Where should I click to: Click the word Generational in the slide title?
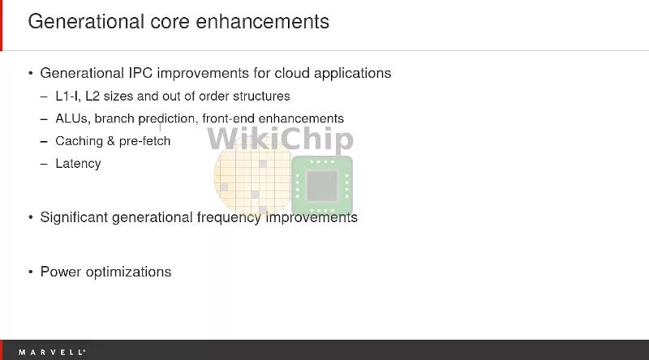click(x=86, y=22)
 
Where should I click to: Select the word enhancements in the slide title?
click(x=262, y=22)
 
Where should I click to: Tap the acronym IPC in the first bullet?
click(x=140, y=73)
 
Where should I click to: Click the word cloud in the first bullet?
click(x=292, y=73)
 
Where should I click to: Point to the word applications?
click(x=352, y=74)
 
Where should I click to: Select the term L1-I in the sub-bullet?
click(x=68, y=96)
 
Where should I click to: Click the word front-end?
click(x=228, y=118)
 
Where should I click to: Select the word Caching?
click(x=79, y=142)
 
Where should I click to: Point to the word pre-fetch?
click(x=144, y=142)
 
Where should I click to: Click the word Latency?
click(x=78, y=164)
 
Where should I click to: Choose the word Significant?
click(x=74, y=217)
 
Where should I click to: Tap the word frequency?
click(x=229, y=217)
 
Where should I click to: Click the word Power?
click(x=60, y=272)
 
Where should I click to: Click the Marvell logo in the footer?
click(x=52, y=352)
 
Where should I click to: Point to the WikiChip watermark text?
click(x=280, y=139)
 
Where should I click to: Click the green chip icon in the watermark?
click(x=322, y=186)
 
